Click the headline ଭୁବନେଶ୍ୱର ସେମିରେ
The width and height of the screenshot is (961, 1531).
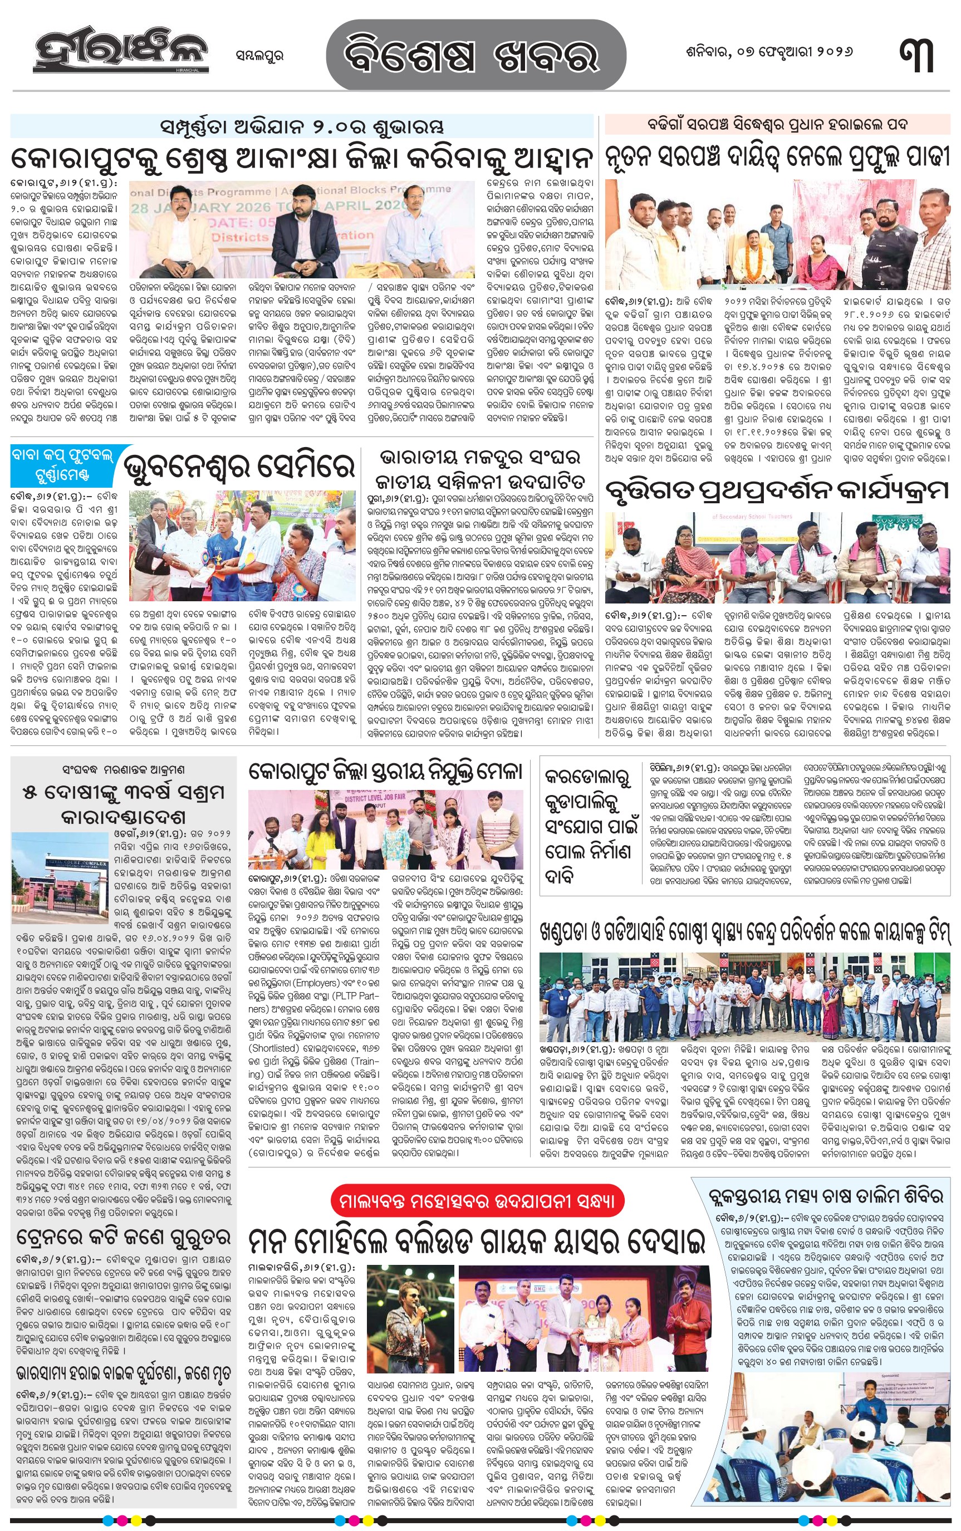[x=238, y=468]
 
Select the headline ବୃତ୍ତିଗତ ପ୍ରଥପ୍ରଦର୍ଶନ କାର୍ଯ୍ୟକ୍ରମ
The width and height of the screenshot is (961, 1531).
[x=777, y=490]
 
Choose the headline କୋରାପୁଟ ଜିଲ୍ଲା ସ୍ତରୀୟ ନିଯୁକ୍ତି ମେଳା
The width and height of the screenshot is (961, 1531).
[x=385, y=772]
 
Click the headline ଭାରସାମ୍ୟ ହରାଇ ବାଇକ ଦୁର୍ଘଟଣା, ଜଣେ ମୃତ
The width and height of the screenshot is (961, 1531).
[x=122, y=1375]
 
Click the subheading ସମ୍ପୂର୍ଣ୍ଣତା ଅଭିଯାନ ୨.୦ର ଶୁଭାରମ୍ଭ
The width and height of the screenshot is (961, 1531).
[x=302, y=126]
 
